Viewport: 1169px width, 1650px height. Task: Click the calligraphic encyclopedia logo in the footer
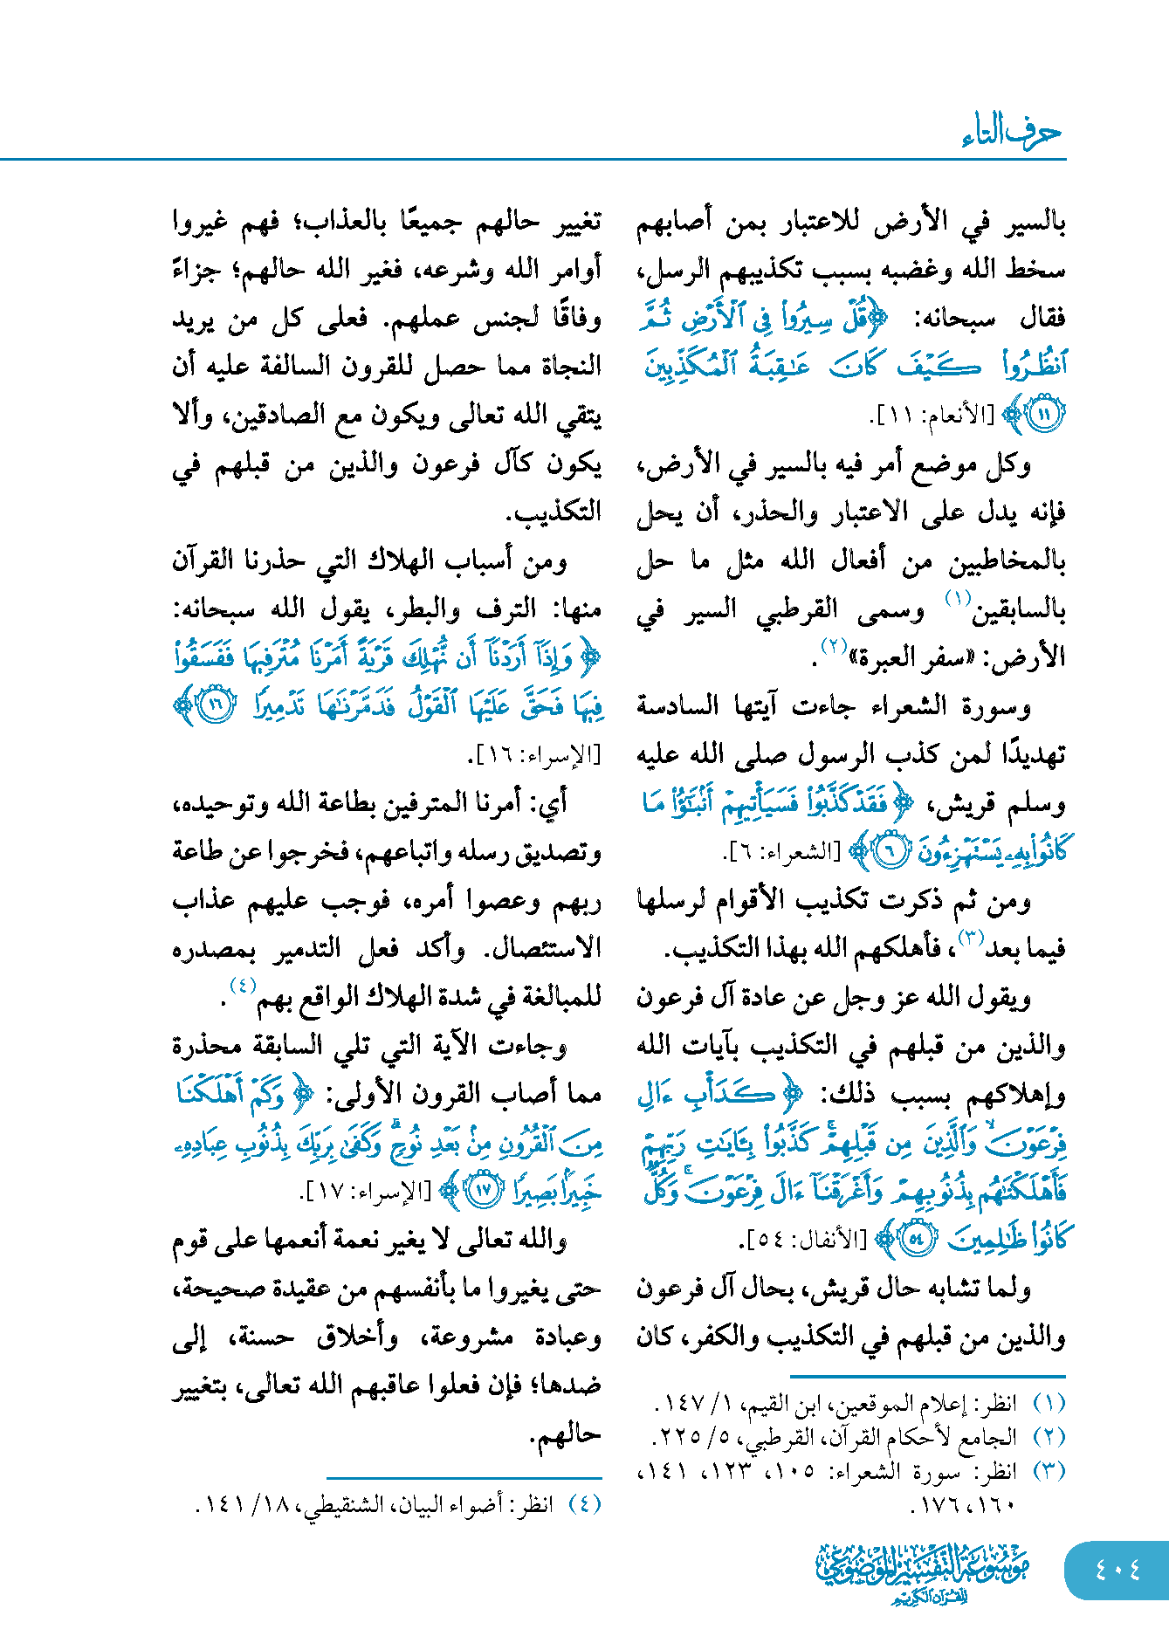pyautogui.click(x=923, y=1572)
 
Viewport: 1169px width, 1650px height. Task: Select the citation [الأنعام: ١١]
pyautogui.click(x=934, y=416)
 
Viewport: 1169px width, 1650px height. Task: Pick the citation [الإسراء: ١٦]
pyautogui.click(x=538, y=754)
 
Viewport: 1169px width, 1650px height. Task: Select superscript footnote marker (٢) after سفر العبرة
pyautogui.click(x=835, y=646)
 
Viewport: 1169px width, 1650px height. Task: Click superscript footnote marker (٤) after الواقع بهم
pyautogui.click(x=242, y=986)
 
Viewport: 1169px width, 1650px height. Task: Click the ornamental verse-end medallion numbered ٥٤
pyautogui.click(x=916, y=1239)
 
